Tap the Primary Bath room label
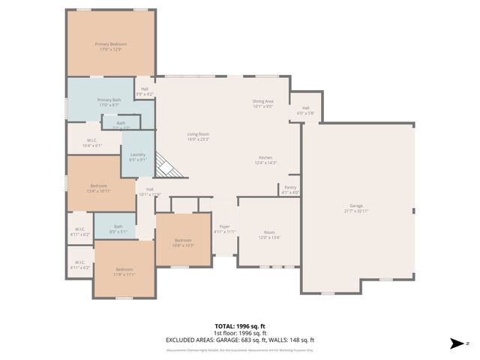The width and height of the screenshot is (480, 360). point(110,102)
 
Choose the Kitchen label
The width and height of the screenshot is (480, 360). point(265,160)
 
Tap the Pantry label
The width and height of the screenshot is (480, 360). point(290,190)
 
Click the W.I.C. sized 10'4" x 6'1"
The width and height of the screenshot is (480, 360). point(92,142)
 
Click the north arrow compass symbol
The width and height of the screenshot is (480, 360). point(457,343)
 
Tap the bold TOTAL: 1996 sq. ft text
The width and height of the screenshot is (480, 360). point(240,327)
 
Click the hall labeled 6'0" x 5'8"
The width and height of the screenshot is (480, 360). point(306,110)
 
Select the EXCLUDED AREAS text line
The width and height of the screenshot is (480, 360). point(240,340)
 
